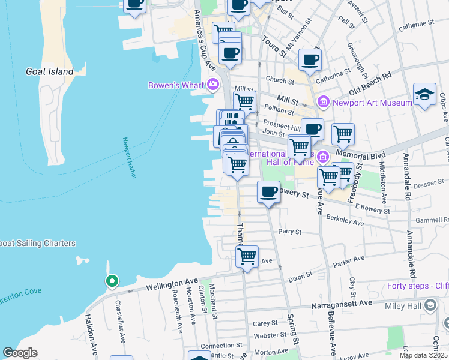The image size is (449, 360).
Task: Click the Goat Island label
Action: pyautogui.click(x=49, y=71)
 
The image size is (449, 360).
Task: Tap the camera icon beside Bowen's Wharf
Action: pyautogui.click(x=212, y=85)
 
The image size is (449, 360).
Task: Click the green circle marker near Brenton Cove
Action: pyautogui.click(x=112, y=280)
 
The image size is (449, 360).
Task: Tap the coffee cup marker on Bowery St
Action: pyautogui.click(x=268, y=192)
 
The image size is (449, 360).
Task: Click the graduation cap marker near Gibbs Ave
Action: pyautogui.click(x=424, y=94)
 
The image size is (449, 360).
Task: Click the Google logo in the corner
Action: pyautogui.click(x=20, y=353)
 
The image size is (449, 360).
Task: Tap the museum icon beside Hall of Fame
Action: pyautogui.click(x=323, y=157)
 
